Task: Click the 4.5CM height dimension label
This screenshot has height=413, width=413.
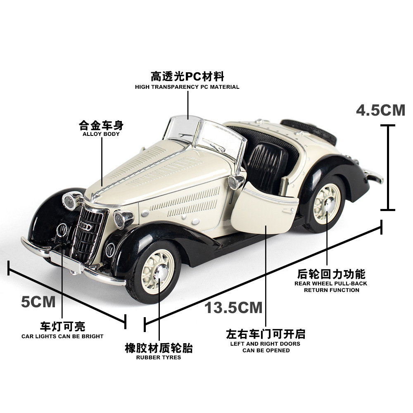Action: (x=381, y=110)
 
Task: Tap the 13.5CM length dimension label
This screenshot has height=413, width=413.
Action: (x=233, y=308)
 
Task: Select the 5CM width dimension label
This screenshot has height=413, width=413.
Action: (x=38, y=302)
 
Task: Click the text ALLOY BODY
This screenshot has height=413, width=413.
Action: (x=101, y=134)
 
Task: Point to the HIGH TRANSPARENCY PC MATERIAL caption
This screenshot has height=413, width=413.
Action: (x=187, y=87)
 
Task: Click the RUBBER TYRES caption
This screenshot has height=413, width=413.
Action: (x=159, y=357)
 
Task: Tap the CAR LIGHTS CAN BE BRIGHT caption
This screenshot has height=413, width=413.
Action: (x=62, y=336)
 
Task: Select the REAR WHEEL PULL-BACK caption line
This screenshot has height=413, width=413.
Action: (x=331, y=283)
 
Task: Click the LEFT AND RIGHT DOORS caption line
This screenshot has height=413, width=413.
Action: (x=266, y=344)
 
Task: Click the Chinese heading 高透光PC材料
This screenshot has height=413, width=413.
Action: (x=187, y=76)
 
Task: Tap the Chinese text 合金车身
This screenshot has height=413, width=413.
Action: (x=101, y=125)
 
